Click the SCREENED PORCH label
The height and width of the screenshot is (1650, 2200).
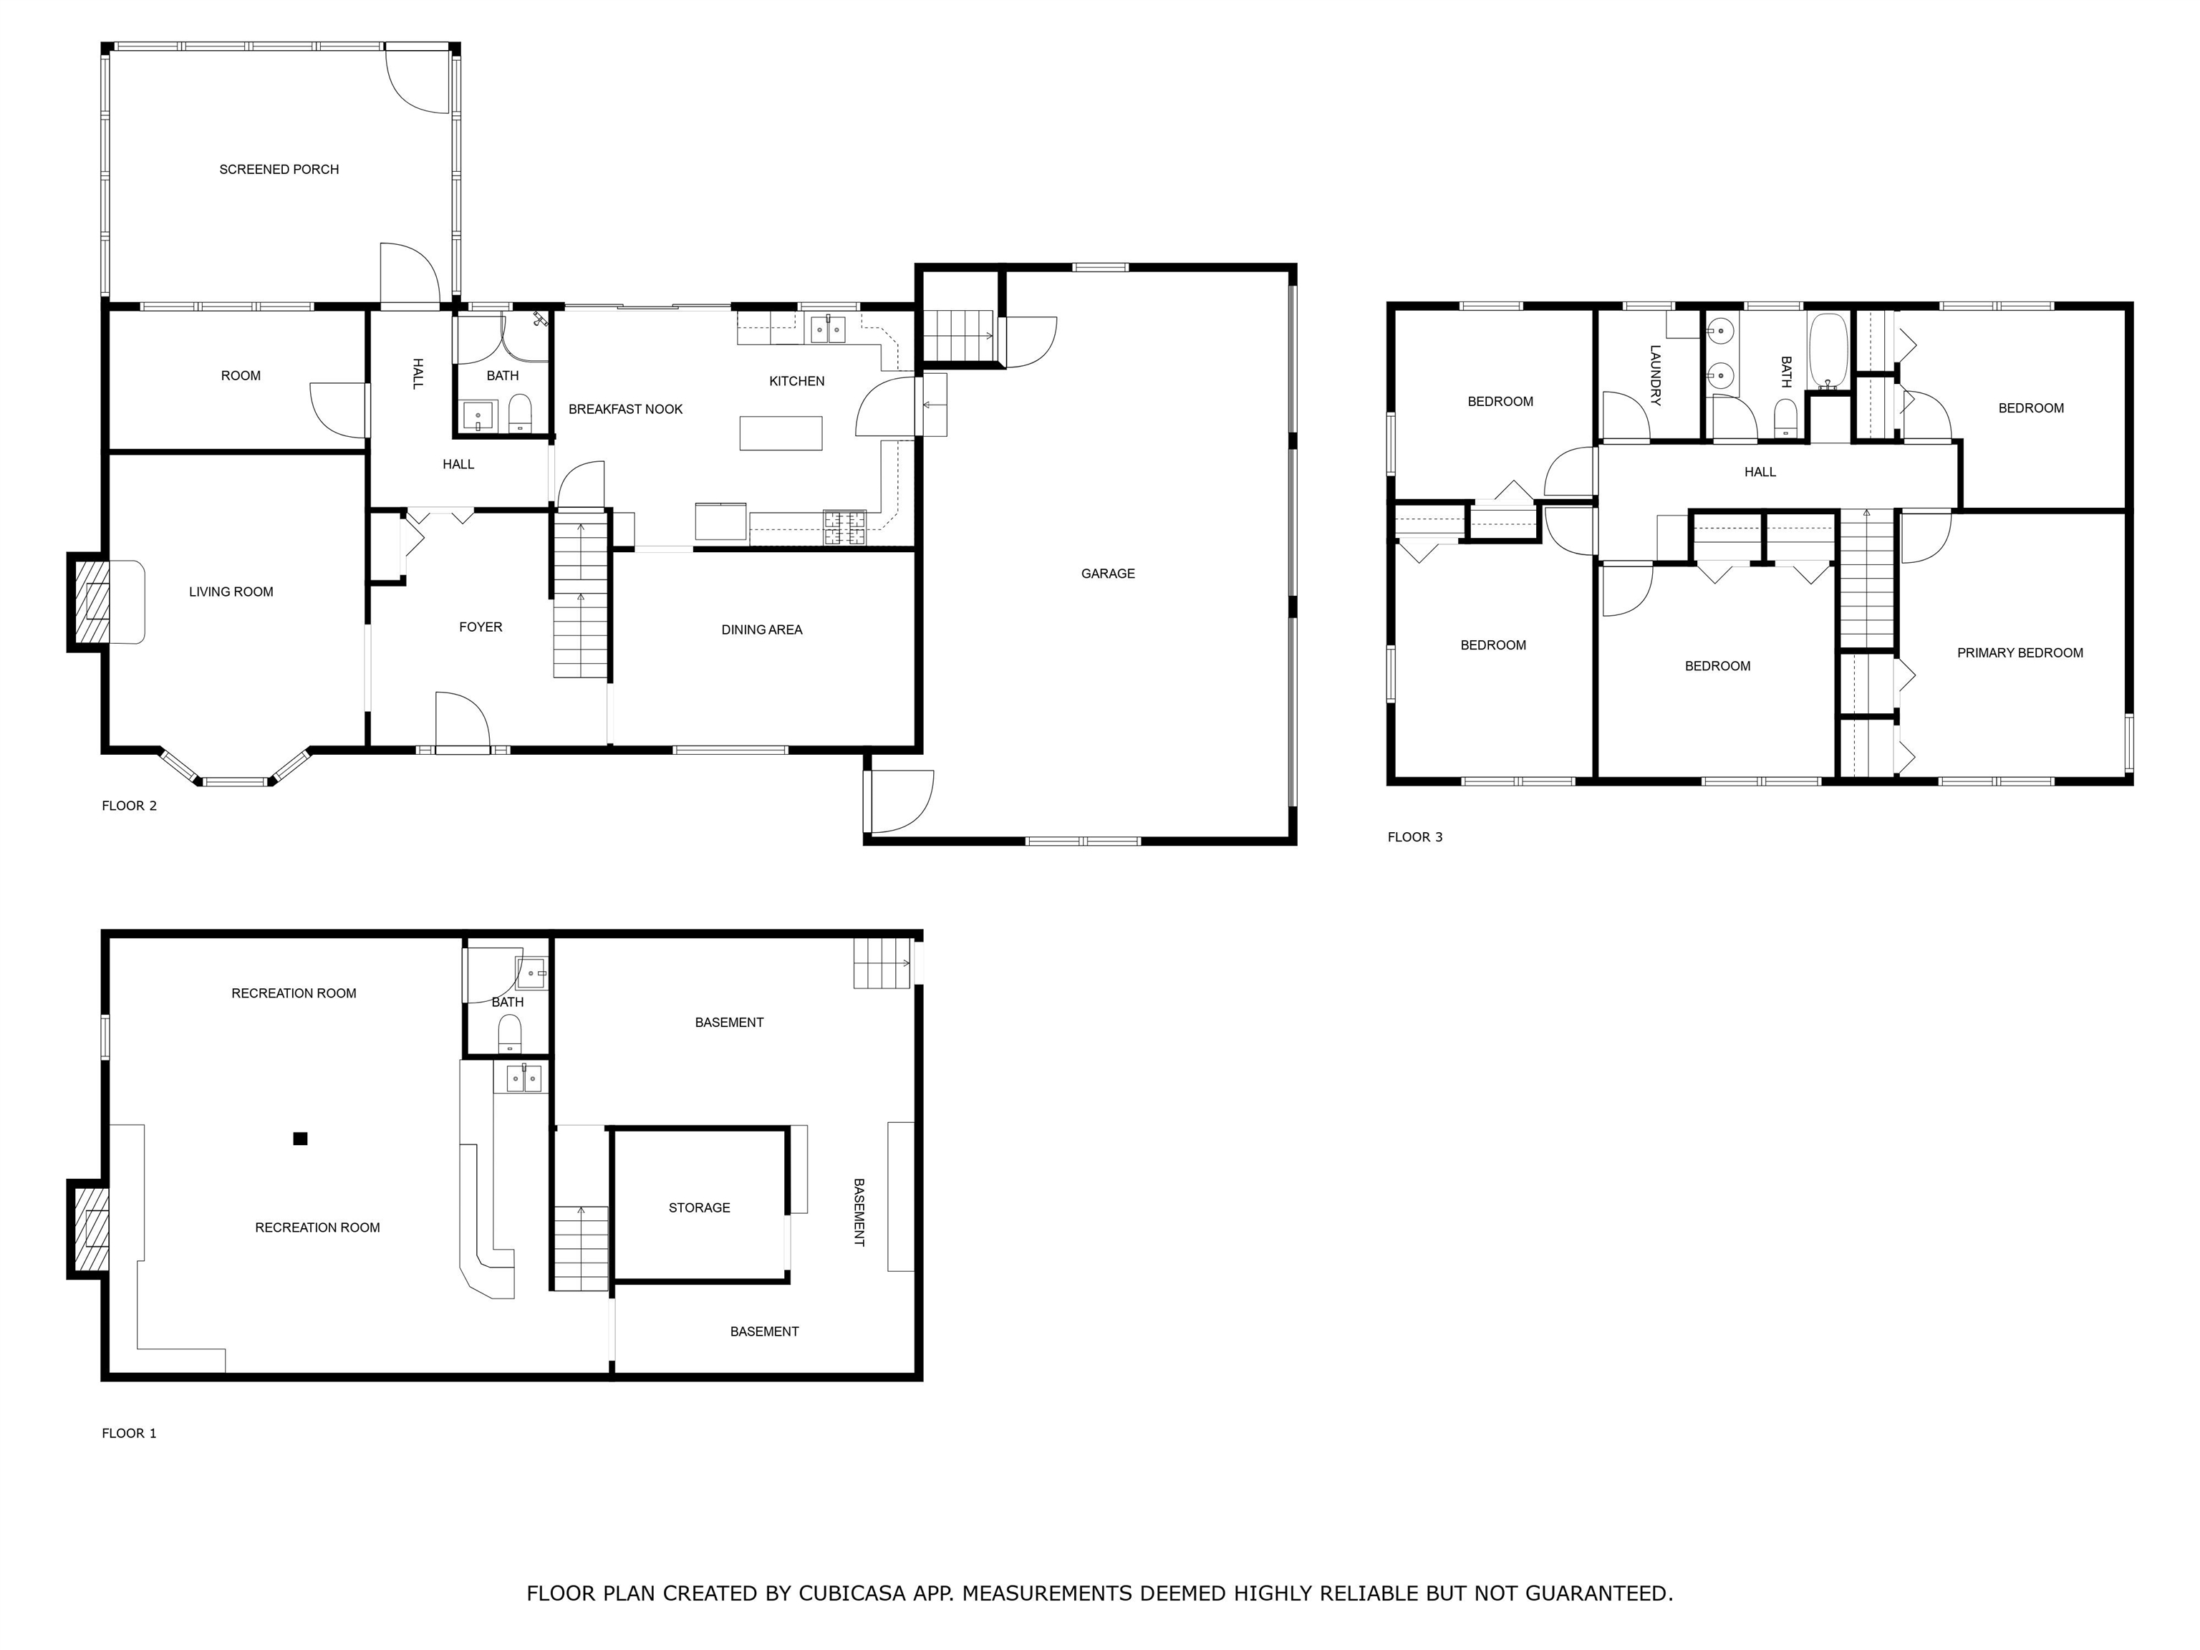click(x=279, y=170)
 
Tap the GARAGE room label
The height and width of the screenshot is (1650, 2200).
click(x=1107, y=574)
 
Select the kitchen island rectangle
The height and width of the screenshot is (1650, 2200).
click(x=781, y=434)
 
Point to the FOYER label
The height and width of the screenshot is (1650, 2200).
click(x=481, y=627)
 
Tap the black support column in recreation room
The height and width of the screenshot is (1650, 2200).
click(x=300, y=1139)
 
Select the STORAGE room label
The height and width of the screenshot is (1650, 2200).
click(x=698, y=1207)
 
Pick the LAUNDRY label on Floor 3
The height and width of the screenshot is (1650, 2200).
click(x=1655, y=375)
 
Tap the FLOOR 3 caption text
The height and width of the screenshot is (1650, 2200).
click(x=1414, y=837)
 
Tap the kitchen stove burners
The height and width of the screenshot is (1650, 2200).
click(x=844, y=528)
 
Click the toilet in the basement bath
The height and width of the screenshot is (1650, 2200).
click(x=509, y=1033)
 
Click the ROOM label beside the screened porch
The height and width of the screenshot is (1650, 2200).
click(x=241, y=376)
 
